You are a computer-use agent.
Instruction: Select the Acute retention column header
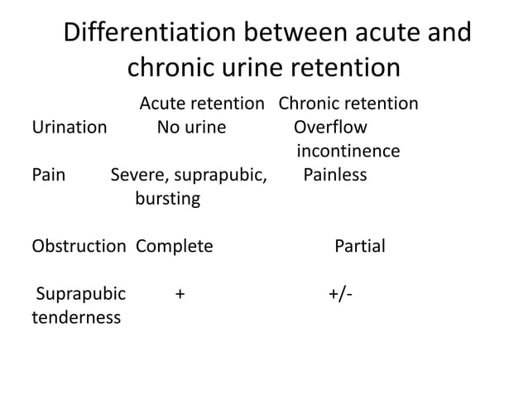tap(200, 104)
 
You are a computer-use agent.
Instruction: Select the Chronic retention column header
tap(348, 104)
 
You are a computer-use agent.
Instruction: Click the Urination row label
tap(69, 128)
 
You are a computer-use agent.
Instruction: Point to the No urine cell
tap(191, 128)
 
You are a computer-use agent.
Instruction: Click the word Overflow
tap(331, 128)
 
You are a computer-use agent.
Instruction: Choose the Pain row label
tap(48, 176)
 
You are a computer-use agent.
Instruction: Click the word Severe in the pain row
tap(137, 176)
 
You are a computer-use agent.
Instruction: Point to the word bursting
tap(167, 200)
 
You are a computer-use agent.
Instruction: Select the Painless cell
tap(335, 176)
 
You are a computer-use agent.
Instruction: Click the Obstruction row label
tap(79, 247)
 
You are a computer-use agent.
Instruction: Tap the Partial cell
tap(359, 247)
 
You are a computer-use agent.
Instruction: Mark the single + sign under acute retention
tap(180, 294)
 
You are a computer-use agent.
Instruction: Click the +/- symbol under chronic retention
tap(338, 294)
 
